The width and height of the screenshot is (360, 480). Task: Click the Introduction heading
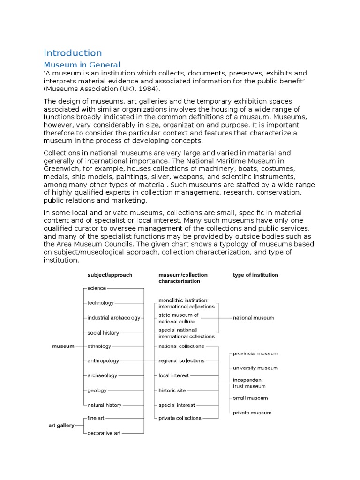pyautogui.click(x=73, y=53)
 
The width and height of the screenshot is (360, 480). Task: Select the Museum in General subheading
pyautogui.click(x=82, y=65)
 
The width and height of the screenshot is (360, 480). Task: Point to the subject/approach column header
pyautogui.click(x=110, y=275)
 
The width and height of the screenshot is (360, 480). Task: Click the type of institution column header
pyautogui.click(x=255, y=275)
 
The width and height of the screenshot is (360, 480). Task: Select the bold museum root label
pyautogui.click(x=63, y=346)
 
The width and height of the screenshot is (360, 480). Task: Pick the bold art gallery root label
pyautogui.click(x=61, y=426)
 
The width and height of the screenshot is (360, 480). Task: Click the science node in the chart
pyautogui.click(x=97, y=288)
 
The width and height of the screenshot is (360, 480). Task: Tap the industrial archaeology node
pyautogui.click(x=113, y=318)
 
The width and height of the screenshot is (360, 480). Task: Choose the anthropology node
pyautogui.click(x=103, y=361)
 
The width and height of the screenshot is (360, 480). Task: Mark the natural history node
pyautogui.click(x=104, y=405)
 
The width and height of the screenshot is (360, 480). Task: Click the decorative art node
pyautogui.click(x=104, y=433)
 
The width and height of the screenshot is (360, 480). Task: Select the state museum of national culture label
pyautogui.click(x=179, y=318)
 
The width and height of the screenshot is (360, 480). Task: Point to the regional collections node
pyautogui.click(x=181, y=361)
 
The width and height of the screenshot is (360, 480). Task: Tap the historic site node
pyautogui.click(x=172, y=390)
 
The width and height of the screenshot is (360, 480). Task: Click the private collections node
pyautogui.click(x=180, y=418)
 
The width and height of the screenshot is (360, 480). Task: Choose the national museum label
pyautogui.click(x=253, y=318)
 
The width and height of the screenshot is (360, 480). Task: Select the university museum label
pyautogui.click(x=255, y=368)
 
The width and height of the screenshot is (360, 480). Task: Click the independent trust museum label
pyautogui.click(x=249, y=383)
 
